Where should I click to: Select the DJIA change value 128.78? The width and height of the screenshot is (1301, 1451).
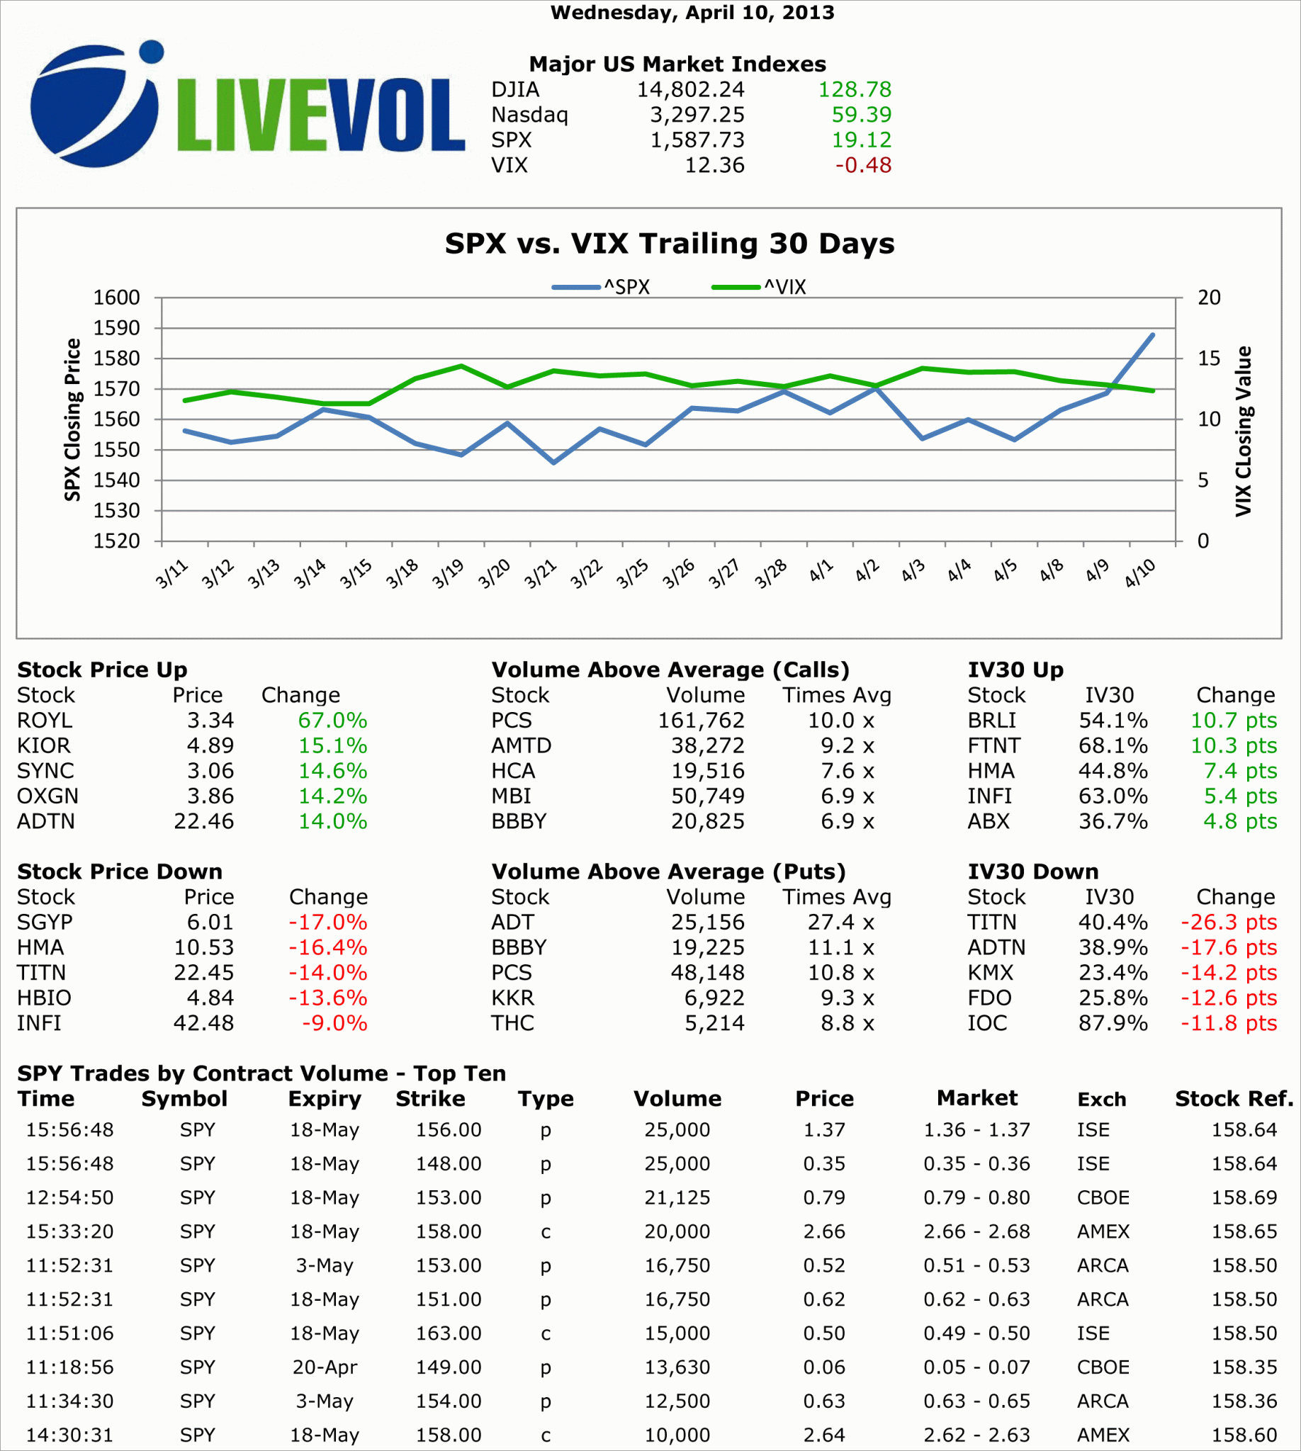point(855,89)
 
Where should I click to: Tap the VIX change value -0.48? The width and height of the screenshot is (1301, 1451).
point(863,165)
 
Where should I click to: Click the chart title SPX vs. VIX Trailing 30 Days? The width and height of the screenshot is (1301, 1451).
point(669,244)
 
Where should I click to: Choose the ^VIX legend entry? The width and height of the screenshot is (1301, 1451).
point(759,288)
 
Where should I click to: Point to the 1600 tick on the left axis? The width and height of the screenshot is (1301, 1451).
point(116,298)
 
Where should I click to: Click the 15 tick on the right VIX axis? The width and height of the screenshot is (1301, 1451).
point(1209,358)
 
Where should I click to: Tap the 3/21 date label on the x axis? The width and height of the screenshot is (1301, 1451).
point(540,574)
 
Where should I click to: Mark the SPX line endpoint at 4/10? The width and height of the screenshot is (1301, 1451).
point(1152,334)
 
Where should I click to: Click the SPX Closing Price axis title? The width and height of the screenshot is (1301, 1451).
point(72,419)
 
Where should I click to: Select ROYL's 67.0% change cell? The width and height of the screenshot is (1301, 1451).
point(332,721)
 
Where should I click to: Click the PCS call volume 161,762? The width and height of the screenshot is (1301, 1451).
point(701,721)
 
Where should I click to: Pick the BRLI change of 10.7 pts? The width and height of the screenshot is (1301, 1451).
point(1233,721)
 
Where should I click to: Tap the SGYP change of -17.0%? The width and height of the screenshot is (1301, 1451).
point(327,922)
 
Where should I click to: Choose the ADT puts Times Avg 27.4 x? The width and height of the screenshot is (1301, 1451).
point(840,922)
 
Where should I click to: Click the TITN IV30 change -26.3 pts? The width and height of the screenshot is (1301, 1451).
point(1228,922)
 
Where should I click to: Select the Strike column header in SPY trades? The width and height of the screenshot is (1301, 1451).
point(430,1099)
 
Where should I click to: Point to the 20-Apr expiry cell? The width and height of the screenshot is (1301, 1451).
point(325,1367)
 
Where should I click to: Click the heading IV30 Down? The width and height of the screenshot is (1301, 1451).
point(1033,871)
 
